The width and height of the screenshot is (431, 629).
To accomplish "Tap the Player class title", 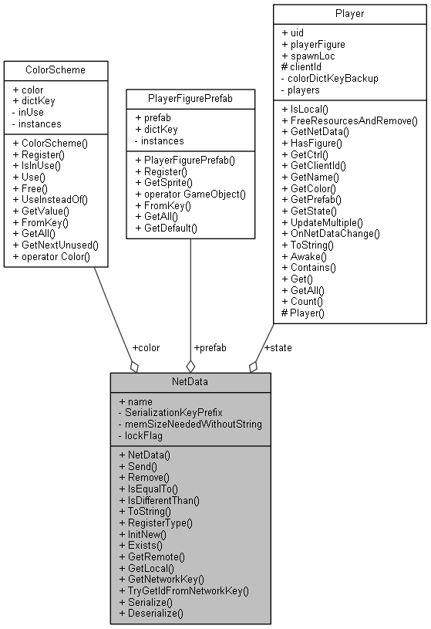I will (349, 13).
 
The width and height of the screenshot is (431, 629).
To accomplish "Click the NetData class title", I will (190, 382).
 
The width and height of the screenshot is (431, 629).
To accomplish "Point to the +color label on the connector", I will (146, 347).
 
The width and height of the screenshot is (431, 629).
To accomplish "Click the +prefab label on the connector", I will (210, 347).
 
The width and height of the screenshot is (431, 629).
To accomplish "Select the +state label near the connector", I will (278, 347).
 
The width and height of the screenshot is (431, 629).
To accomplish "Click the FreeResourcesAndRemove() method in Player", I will (349, 121).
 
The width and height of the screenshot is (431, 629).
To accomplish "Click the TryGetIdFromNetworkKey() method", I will (184, 590).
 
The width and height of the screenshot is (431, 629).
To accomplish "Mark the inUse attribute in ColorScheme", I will (32, 112).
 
